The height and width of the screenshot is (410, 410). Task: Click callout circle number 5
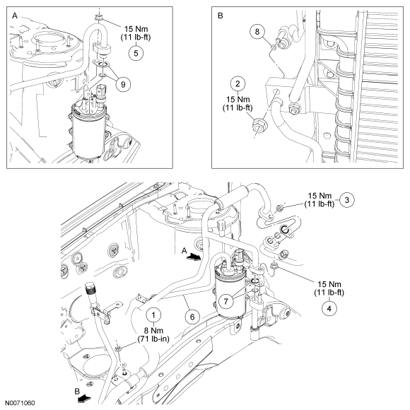[136, 53]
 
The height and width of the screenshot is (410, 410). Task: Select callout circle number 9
[123, 84]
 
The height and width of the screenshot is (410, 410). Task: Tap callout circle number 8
[257, 32]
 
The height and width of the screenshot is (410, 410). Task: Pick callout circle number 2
[238, 83]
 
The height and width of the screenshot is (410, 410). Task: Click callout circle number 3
[347, 200]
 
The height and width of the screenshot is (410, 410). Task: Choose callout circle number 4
[329, 308]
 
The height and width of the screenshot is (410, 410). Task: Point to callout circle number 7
[226, 301]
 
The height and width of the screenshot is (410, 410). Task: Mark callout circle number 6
[192, 317]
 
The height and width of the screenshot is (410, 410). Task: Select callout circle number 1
[153, 315]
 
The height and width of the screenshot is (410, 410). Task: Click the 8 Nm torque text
[153, 331]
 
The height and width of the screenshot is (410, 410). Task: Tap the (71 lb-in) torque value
[153, 339]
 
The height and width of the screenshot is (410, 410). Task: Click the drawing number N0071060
[20, 403]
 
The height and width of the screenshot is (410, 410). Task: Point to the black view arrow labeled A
[194, 257]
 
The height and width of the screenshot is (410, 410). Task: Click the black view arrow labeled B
[84, 399]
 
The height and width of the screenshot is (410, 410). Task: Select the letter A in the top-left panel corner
[15, 16]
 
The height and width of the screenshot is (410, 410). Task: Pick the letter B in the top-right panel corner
[220, 16]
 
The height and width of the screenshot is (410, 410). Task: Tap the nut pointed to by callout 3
[279, 208]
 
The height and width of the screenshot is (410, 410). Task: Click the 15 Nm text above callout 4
[329, 284]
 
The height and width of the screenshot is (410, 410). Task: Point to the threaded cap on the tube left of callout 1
[90, 289]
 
